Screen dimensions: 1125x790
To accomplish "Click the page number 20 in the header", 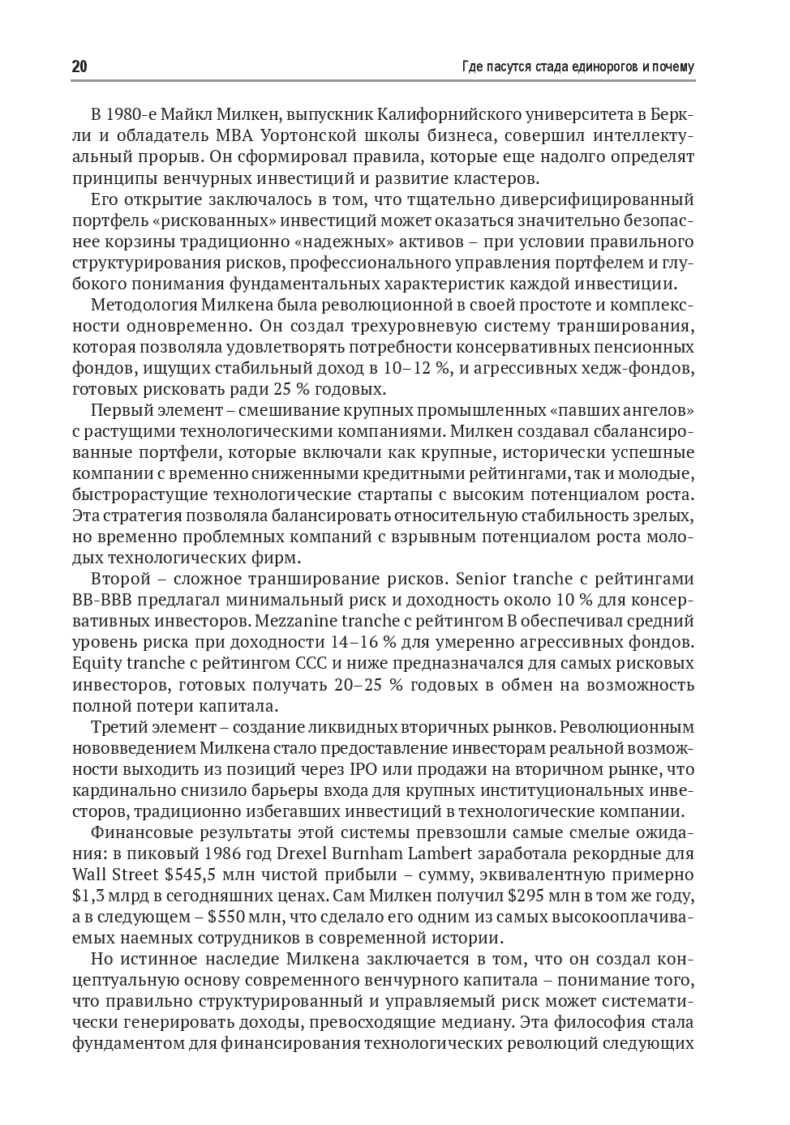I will click(x=79, y=67).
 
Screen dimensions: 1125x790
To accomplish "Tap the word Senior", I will click(x=483, y=579).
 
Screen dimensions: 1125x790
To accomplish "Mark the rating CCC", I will click(x=307, y=663).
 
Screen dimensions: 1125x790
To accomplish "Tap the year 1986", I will click(x=227, y=853).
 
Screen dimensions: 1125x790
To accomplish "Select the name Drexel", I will click(x=304, y=853).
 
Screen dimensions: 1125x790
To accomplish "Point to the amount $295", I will click(x=528, y=895).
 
